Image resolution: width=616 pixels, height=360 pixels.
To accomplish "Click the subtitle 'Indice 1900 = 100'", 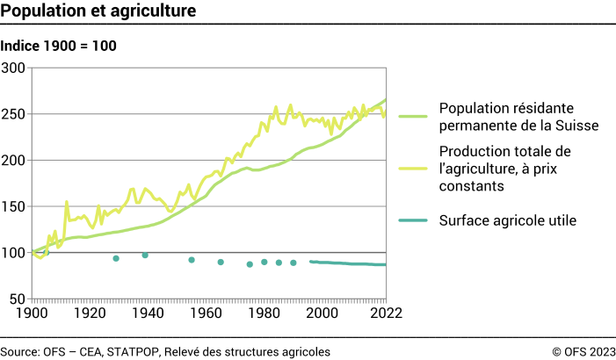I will coord(59,46).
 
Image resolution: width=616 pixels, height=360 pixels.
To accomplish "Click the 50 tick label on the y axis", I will coord(18,299).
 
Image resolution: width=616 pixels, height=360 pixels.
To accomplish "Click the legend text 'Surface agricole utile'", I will coord(507,220).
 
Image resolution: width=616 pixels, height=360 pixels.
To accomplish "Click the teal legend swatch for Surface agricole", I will coord(413,220).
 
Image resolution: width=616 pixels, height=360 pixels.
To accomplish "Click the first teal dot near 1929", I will coord(116,258).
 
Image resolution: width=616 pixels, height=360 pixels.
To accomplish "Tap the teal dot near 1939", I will coord(145,256).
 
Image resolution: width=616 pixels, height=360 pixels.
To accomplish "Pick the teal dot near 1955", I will coord(192,260).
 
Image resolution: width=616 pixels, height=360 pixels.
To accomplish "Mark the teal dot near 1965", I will coord(221,262).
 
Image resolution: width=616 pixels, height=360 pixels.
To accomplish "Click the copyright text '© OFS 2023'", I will coord(583,351).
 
